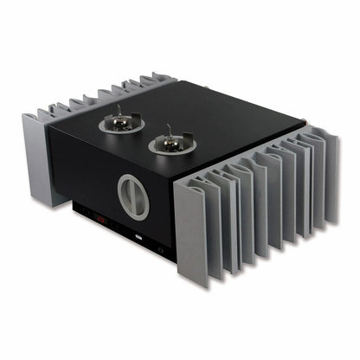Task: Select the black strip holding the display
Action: tap(121, 227)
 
